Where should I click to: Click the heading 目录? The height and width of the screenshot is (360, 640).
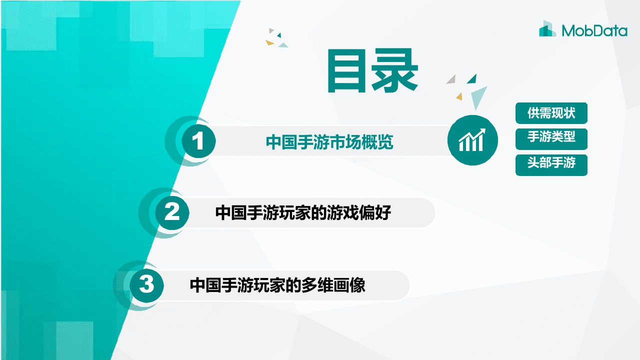(x=372, y=71)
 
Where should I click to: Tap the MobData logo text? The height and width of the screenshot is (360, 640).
(x=594, y=31)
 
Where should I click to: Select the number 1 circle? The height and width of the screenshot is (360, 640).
(x=198, y=142)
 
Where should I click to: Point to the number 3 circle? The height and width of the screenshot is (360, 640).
(x=146, y=285)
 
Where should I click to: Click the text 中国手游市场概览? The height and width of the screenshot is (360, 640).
(x=329, y=142)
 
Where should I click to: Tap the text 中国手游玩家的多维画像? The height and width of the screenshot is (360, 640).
(x=277, y=285)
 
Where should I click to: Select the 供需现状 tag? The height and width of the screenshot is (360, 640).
(x=551, y=113)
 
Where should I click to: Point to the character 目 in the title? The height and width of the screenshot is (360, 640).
(x=346, y=71)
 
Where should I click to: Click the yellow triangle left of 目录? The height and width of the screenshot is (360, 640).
(x=270, y=42)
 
